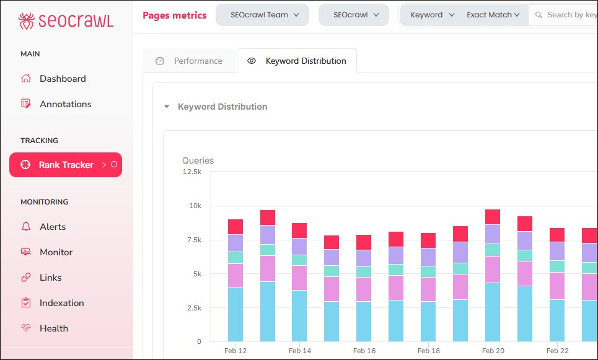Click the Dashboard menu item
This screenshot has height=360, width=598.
pos(63,79)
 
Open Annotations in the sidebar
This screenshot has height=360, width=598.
pos(65,104)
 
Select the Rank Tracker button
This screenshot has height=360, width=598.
pos(66,165)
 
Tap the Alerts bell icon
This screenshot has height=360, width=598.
pos(26,227)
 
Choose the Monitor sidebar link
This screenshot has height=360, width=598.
pos(56,252)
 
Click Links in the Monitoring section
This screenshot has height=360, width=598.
pos(50,278)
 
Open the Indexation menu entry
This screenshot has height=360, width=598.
pos(61,303)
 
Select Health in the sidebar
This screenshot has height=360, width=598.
pos(53,328)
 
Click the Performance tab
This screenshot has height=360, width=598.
pos(190,61)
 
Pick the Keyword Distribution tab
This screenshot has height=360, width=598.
pos(297,61)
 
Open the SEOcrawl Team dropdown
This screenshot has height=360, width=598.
pos(262,15)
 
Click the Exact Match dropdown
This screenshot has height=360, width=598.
pos(493,15)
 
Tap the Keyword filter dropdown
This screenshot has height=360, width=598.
pos(433,15)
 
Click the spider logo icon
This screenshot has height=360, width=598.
pos(27,20)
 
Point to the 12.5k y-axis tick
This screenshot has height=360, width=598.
pos(191,172)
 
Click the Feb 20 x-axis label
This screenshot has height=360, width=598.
pos(493,351)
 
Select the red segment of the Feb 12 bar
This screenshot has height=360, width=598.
pos(235,227)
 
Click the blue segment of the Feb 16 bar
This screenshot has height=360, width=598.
pos(364,321)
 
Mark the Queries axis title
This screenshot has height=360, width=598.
pos(198,160)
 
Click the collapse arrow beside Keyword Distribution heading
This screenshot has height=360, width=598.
pos(166,107)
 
